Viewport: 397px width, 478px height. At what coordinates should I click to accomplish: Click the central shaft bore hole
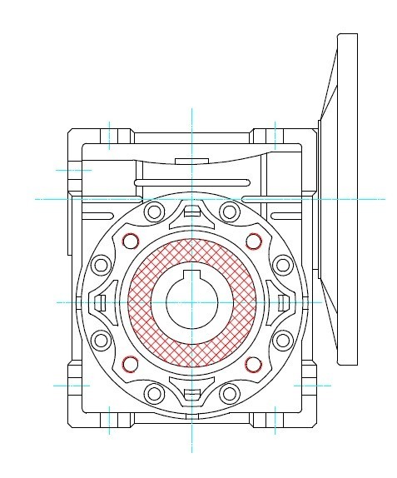tap(191, 303)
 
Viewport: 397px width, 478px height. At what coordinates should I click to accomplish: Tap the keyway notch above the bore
tap(191, 275)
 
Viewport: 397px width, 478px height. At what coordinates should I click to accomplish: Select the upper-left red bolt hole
tap(129, 241)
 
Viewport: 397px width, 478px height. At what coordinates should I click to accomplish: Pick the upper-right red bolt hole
tap(253, 241)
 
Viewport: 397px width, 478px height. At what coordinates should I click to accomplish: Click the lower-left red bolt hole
tap(129, 363)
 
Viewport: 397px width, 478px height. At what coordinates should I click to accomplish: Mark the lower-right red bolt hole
tap(253, 363)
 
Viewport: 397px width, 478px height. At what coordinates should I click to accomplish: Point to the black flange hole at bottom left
tap(153, 394)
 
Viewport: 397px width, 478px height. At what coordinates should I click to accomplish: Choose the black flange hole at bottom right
tap(230, 394)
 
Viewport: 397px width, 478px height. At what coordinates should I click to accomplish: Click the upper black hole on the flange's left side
tap(101, 266)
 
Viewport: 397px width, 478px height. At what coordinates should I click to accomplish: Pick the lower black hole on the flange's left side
tap(101, 340)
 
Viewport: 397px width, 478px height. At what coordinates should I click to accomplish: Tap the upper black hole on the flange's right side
tap(282, 266)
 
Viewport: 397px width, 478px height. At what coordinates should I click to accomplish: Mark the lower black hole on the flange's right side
tap(282, 340)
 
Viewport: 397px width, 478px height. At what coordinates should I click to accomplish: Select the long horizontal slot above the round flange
tap(191, 180)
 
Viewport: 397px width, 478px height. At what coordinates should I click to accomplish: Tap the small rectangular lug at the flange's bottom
tap(191, 395)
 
